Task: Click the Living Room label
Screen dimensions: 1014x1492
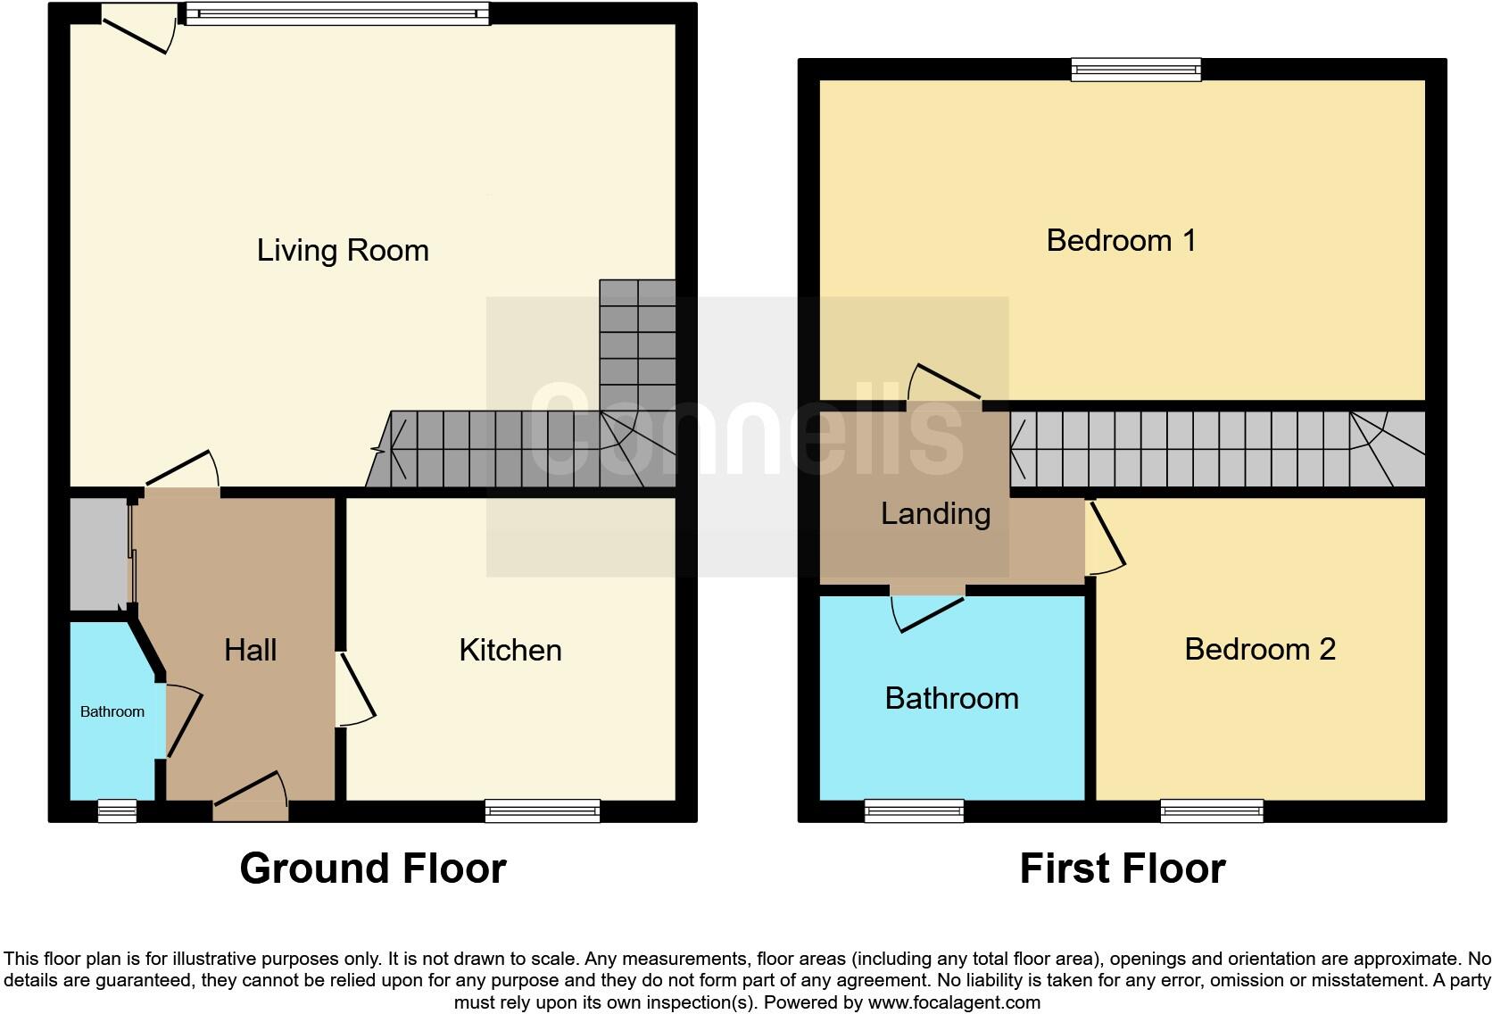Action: click(343, 251)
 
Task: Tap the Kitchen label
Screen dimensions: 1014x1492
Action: click(510, 650)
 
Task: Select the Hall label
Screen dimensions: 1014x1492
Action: click(250, 650)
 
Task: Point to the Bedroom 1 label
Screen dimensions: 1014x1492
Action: click(1121, 240)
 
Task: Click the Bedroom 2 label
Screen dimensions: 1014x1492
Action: click(1260, 649)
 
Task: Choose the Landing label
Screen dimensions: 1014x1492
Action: click(935, 513)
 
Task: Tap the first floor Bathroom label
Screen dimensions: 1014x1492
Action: click(951, 698)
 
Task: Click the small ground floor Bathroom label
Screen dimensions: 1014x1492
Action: click(112, 711)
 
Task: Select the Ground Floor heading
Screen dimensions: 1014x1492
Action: click(373, 869)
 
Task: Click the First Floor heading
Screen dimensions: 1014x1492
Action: click(1123, 869)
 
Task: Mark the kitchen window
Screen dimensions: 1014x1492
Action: click(543, 810)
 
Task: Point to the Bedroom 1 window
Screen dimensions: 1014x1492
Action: click(1136, 70)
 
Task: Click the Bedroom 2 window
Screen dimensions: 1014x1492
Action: click(1212, 810)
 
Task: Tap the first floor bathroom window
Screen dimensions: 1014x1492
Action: click(914, 810)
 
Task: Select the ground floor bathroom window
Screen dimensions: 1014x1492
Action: click(117, 810)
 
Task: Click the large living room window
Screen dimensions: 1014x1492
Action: click(337, 13)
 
